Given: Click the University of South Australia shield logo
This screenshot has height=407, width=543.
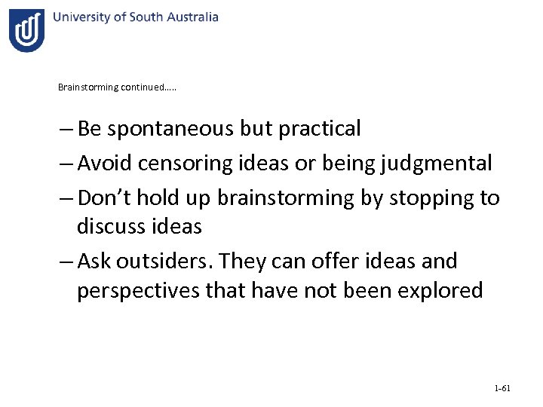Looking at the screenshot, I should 26,31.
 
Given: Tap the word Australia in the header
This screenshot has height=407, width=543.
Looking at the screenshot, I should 192,17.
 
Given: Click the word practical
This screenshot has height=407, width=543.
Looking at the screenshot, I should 320,129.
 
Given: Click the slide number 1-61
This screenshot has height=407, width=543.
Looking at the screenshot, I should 502,389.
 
